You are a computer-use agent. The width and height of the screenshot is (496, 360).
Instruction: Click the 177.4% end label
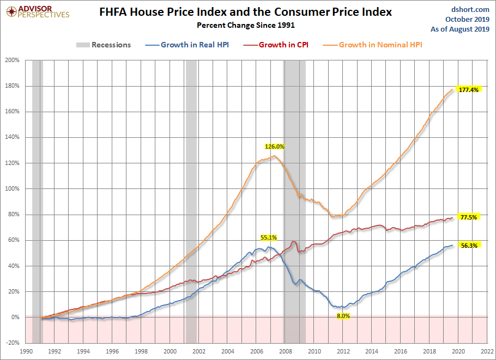coord(469,90)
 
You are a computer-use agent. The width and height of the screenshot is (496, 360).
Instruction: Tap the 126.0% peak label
coord(275,147)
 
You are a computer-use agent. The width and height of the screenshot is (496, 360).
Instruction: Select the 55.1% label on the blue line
coord(269,237)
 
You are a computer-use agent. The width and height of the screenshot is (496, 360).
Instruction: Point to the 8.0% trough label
coord(343,316)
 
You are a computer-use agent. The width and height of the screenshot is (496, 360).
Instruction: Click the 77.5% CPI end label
coord(469,217)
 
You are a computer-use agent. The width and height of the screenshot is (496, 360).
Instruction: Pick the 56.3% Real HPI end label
coord(469,245)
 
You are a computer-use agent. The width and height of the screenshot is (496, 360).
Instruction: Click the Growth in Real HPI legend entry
coord(187,45)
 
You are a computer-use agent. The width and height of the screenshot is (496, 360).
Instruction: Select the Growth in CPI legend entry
coord(276,45)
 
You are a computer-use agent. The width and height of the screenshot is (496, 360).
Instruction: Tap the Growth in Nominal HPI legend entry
coord(373,45)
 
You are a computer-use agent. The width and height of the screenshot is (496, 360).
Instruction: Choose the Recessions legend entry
coord(104,45)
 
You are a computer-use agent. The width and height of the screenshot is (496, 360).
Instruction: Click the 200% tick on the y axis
coord(13,60)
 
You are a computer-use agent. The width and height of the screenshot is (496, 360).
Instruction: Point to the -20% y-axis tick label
coord(13,343)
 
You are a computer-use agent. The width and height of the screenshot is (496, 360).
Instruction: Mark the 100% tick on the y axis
coord(13,188)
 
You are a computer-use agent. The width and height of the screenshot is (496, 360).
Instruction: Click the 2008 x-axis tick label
coord(285,351)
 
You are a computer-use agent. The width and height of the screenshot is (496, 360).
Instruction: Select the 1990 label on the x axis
coord(26,351)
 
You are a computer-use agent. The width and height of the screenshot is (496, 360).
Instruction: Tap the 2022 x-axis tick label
coord(487,351)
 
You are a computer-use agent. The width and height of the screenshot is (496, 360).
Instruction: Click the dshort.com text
coord(470,9)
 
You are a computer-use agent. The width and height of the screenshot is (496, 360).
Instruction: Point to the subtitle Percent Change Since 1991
coord(246,25)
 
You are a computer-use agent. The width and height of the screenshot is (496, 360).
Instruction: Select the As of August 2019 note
coord(460,29)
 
